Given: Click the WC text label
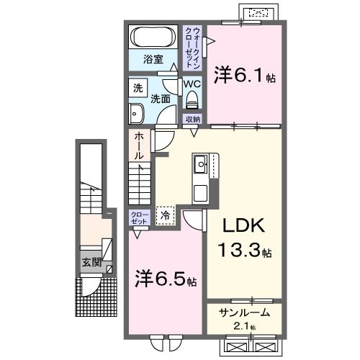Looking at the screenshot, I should pyautogui.click(x=191, y=84).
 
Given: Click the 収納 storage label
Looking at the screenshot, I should pyautogui.click(x=192, y=120).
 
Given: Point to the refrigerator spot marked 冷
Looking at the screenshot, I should pyautogui.click(x=165, y=214).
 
